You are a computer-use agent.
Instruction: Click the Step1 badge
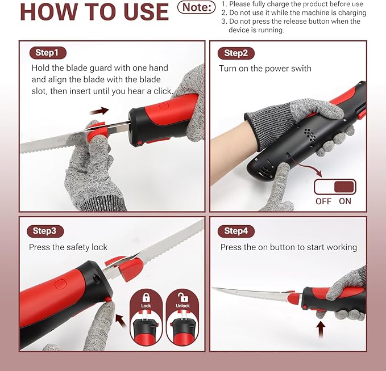(x=48, y=53)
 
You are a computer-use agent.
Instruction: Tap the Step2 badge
(x=236, y=53)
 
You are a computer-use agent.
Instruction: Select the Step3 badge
(x=45, y=231)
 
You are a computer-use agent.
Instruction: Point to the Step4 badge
(x=236, y=231)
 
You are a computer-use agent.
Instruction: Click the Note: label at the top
(x=197, y=7)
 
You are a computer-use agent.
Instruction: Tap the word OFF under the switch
(x=323, y=201)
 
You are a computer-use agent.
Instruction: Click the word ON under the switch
(x=345, y=201)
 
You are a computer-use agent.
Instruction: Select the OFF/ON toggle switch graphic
(x=335, y=187)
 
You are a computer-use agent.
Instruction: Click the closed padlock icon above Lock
(x=146, y=297)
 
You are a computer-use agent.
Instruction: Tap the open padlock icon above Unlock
(x=183, y=297)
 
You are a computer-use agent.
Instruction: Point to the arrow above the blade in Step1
(x=99, y=111)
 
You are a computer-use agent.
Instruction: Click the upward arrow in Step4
(x=321, y=330)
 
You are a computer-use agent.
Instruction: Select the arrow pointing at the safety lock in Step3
(x=121, y=320)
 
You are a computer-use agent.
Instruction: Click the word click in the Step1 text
(x=163, y=91)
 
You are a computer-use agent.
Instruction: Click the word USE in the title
(x=146, y=12)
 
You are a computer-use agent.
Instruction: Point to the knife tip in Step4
(x=213, y=288)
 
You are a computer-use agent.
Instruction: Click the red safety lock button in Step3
(x=107, y=299)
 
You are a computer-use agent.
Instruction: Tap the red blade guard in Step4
(x=293, y=297)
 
